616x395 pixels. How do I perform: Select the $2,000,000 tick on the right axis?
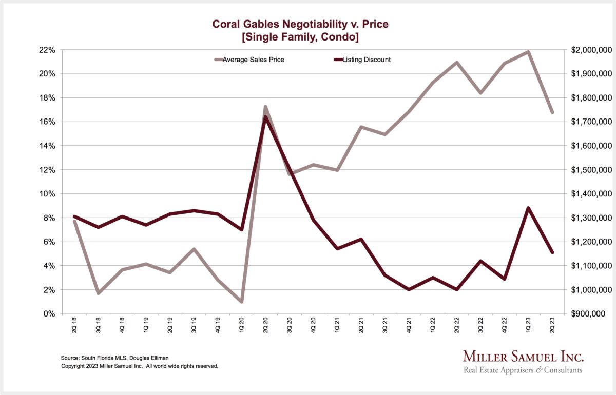click(591, 50)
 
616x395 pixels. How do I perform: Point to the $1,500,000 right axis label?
click(591, 170)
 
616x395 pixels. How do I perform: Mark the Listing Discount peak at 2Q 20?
click(265, 117)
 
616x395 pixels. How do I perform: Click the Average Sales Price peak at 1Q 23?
click(528, 52)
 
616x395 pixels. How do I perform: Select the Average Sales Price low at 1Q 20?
click(241, 302)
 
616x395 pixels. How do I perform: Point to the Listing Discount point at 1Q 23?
click(528, 208)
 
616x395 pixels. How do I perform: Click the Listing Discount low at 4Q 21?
click(409, 289)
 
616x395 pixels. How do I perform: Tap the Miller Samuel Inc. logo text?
click(523, 357)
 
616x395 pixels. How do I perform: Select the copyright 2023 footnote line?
click(140, 366)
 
